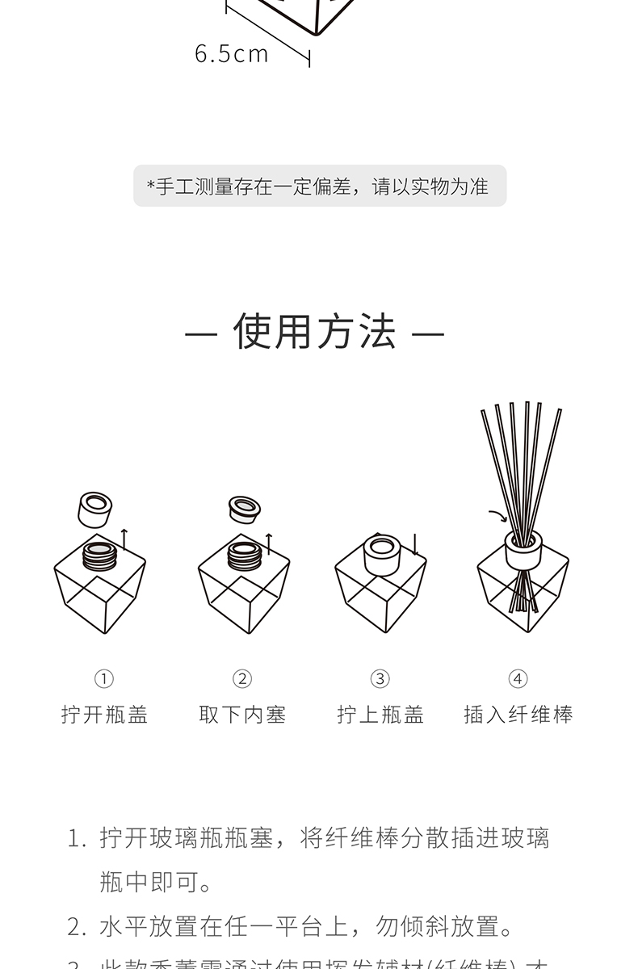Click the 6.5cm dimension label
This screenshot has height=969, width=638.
point(231,54)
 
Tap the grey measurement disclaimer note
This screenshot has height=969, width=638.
point(320,186)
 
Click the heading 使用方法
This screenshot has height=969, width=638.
point(315,332)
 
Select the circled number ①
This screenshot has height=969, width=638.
point(105,678)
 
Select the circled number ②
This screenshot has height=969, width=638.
point(242,678)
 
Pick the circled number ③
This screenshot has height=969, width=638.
point(380,678)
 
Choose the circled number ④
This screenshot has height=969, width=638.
point(518,678)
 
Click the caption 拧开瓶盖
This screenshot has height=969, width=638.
point(105,715)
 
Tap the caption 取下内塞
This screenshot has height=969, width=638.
point(242,715)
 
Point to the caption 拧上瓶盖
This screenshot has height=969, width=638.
point(380,715)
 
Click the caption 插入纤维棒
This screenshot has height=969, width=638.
point(518,715)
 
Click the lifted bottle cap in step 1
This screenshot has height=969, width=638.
point(97,510)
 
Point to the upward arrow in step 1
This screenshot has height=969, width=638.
point(124,539)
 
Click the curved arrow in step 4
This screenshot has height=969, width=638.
point(498,516)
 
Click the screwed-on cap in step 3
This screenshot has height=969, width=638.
point(381,554)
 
